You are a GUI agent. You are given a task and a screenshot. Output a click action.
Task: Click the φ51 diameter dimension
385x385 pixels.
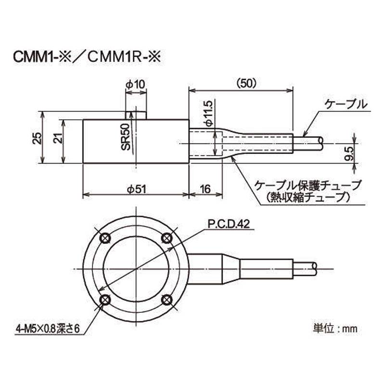136,190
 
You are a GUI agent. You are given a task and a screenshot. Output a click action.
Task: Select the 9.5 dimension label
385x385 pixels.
350,154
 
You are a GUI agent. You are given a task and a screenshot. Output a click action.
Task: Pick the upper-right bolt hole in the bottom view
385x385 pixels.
167,238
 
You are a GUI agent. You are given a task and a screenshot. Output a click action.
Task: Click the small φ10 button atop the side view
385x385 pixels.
136,115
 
